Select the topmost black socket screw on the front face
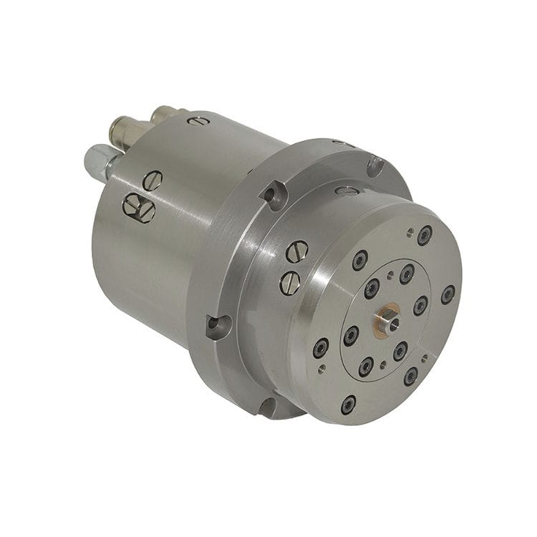point(425,234)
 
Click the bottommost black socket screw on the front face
point(348,404)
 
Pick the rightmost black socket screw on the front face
point(447,294)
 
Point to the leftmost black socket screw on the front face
point(320,348)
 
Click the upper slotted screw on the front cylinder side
point(296,251)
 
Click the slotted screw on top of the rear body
point(198,121)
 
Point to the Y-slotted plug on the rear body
point(138,207)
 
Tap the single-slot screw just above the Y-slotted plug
point(152,180)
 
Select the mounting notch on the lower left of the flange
point(217,326)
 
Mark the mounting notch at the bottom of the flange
point(267,407)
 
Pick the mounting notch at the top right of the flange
point(375,165)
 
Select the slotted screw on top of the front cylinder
point(347,191)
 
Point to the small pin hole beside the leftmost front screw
point(322,368)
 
